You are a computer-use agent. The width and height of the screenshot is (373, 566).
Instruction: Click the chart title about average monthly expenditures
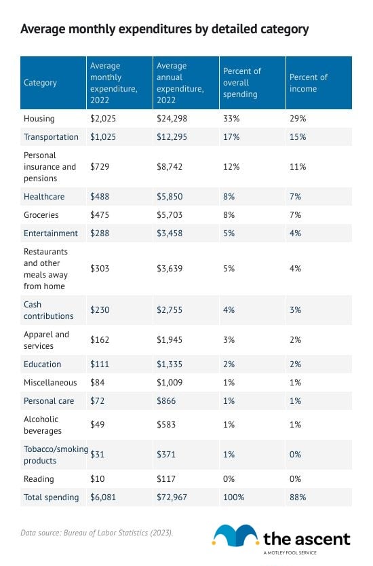pyautogui.click(x=165, y=29)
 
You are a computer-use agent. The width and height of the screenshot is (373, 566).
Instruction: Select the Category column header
pyautogui.click(x=40, y=83)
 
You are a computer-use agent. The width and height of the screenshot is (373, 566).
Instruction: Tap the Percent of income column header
pyautogui.click(x=309, y=83)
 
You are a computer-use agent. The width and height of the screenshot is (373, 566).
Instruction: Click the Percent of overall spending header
pyautogui.click(x=241, y=83)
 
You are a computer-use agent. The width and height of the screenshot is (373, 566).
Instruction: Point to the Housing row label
pyautogui.click(x=39, y=118)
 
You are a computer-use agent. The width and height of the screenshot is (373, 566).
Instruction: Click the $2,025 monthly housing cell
pyautogui.click(x=103, y=118)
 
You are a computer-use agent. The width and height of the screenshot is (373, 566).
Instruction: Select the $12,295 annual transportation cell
pyautogui.click(x=172, y=137)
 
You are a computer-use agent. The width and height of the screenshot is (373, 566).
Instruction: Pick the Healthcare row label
pyautogui.click(x=44, y=196)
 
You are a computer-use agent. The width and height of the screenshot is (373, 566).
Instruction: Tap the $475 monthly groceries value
pyautogui.click(x=100, y=214)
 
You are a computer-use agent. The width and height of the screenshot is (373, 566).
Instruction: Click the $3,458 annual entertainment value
pyautogui.click(x=170, y=233)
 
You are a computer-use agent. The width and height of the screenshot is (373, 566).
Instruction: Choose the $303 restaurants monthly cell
pyautogui.click(x=100, y=269)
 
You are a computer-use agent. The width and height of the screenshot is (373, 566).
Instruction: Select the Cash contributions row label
pyautogui.click(x=48, y=310)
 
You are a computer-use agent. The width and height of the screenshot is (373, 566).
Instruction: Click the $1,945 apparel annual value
pyautogui.click(x=170, y=340)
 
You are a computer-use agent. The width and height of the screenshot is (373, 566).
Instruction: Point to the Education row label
pyautogui.click(x=42, y=364)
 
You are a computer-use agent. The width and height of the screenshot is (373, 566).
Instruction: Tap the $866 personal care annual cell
pyautogui.click(x=166, y=400)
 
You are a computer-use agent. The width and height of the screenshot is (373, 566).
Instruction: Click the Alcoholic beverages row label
pyautogui.click(x=43, y=425)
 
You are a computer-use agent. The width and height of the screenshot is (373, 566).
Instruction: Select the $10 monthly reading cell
pyautogui.click(x=98, y=479)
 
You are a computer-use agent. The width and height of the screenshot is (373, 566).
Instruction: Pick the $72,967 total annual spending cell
pyautogui.click(x=172, y=497)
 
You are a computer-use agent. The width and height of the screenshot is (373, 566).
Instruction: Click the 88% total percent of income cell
pyautogui.click(x=298, y=497)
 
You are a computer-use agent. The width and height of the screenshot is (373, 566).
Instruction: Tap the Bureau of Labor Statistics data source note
pyautogui.click(x=97, y=533)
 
